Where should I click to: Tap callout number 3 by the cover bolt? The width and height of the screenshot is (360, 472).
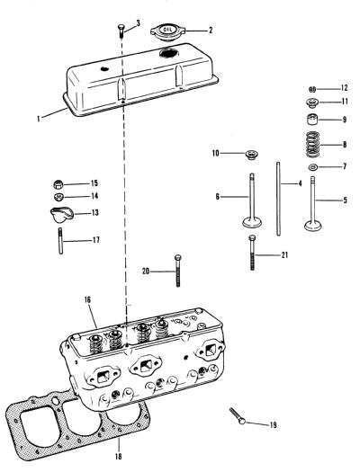[x=139, y=22]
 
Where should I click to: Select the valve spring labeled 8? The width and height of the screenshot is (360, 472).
[x=313, y=145]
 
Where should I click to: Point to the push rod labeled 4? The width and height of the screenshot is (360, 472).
[x=278, y=199]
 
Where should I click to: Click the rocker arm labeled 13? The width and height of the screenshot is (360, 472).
[x=62, y=215]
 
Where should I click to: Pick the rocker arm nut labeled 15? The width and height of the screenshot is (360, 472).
[x=58, y=184]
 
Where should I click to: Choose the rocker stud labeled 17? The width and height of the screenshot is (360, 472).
[x=60, y=241]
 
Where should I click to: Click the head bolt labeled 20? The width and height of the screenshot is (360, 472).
[x=177, y=271]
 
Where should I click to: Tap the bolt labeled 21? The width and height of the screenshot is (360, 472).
[x=253, y=253]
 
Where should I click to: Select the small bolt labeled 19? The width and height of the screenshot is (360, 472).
[x=237, y=415]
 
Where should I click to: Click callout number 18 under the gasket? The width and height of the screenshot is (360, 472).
[x=119, y=457]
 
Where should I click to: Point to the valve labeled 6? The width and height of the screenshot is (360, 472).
[x=252, y=200]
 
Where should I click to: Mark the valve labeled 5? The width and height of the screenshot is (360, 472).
[x=313, y=204]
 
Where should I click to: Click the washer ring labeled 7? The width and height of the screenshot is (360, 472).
[x=313, y=166]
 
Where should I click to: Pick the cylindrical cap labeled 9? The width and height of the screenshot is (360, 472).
[x=312, y=120]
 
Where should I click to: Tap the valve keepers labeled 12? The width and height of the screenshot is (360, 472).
[x=312, y=89]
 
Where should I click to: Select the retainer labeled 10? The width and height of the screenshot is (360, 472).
[x=251, y=155]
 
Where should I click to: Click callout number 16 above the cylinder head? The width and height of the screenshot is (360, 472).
[x=87, y=300]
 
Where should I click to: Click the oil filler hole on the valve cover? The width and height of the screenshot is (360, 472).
[x=169, y=54]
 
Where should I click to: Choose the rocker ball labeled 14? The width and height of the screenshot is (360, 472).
[x=58, y=197]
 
